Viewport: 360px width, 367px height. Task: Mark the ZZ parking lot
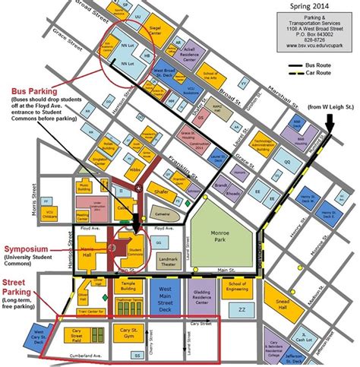coord(242,311)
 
